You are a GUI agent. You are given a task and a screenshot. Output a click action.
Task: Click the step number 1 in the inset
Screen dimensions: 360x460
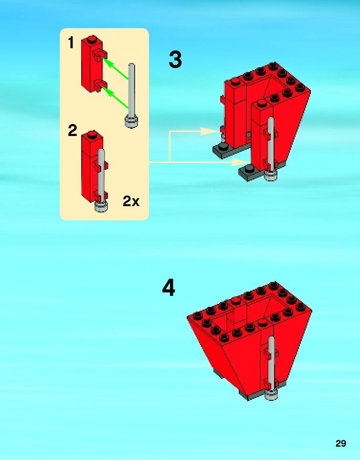point(71,43)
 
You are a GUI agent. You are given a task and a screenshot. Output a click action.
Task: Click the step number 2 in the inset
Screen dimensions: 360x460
point(72,130)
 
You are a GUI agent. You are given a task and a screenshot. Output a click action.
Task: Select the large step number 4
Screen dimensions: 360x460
point(169,288)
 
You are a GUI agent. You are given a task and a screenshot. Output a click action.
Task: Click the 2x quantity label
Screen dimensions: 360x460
point(131,201)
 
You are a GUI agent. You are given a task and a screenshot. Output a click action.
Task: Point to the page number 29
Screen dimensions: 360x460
point(340,443)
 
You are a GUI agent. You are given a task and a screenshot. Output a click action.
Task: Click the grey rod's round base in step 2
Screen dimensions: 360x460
point(101,207)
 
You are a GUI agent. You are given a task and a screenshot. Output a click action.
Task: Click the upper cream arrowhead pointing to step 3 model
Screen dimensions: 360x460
point(210,131)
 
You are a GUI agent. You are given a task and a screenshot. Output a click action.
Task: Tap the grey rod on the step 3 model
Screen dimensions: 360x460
point(271,143)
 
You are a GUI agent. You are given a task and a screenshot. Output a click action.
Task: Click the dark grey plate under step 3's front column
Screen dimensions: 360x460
point(249,173)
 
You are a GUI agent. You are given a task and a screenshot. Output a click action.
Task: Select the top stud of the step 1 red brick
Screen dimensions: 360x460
point(91,38)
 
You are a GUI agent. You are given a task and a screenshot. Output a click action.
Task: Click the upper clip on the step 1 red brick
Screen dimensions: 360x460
point(99,56)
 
